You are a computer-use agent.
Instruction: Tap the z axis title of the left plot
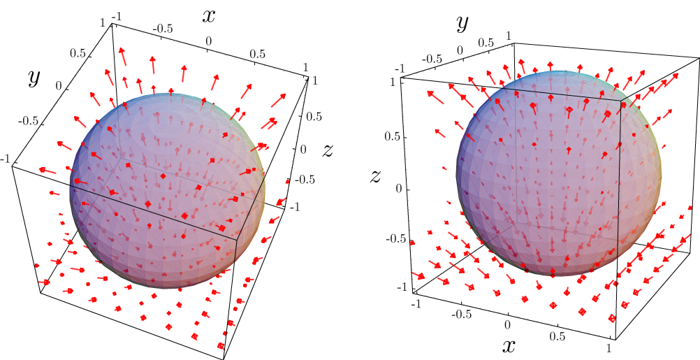pyautogui.click(x=326, y=149)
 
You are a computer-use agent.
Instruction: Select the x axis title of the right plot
pyautogui.click(x=509, y=345)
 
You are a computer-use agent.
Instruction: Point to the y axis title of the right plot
pyautogui.click(x=462, y=23)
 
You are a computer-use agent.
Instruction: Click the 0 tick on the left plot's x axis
pyautogui.click(x=208, y=42)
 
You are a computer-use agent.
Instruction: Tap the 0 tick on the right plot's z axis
pyautogui.click(x=400, y=189)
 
